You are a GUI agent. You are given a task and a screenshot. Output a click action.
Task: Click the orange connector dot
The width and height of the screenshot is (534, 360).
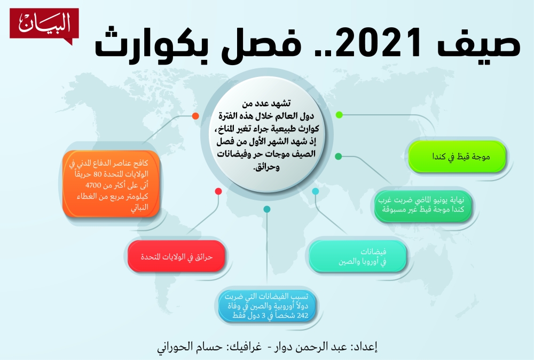pos(195,116)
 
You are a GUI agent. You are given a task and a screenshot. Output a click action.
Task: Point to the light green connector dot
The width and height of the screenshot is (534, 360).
pos(339,115)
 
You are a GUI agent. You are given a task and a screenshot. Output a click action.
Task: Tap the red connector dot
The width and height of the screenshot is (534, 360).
pos(218,191)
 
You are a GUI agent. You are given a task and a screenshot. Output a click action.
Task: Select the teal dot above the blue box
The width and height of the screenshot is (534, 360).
pos(267,209)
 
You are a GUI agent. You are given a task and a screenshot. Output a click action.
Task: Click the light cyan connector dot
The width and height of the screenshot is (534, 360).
pos(316,191)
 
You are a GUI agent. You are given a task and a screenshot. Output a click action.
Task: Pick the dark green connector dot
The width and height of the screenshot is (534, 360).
pos(339,156)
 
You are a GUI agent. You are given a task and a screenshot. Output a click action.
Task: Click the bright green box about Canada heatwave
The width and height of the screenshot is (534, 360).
pos(457,156)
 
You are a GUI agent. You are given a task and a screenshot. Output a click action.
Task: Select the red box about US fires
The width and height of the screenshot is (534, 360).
pos(176,256)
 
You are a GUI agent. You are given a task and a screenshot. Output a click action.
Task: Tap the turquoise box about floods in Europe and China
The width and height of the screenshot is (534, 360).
pos(358,256)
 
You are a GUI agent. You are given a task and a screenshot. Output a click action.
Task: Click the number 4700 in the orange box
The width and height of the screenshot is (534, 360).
pos(93,185)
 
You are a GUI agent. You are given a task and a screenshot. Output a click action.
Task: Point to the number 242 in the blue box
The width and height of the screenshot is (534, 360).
pos(302,316)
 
